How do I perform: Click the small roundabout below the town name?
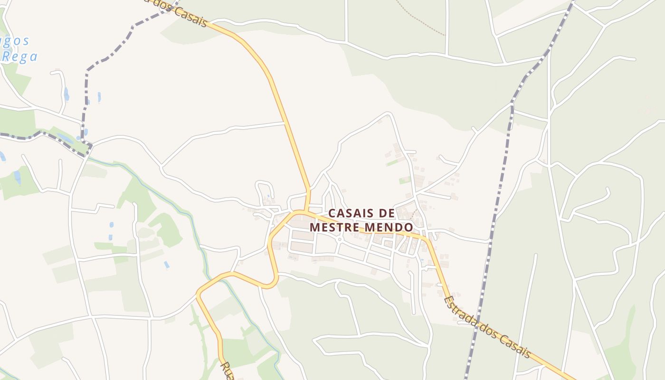coord(340,239)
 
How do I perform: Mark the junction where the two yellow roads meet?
coord(307,210)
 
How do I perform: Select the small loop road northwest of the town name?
coord(264,190)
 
